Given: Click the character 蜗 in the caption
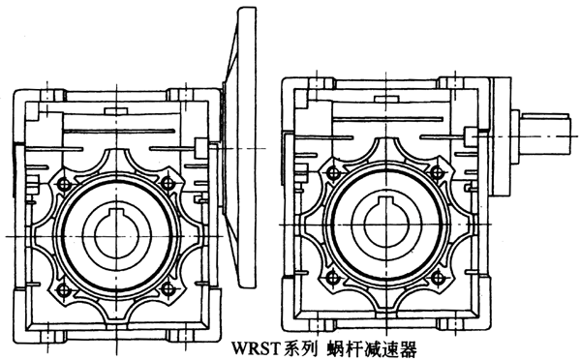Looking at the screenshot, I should click(336, 345).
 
